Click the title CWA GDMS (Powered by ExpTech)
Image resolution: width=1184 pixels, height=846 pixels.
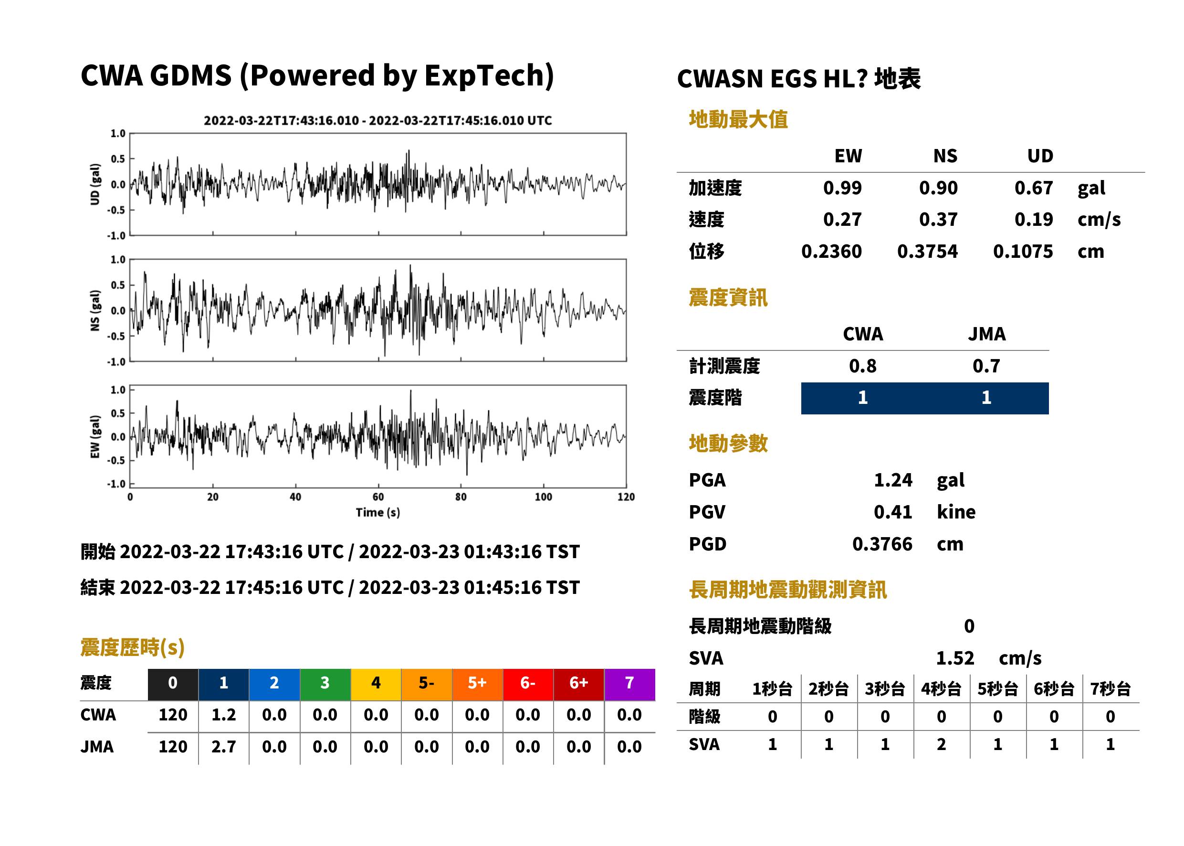[x=317, y=76]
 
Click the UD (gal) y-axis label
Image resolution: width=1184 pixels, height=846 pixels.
[x=95, y=184]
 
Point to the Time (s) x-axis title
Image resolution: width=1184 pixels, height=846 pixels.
[x=378, y=512]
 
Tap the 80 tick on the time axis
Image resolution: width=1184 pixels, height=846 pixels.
[x=461, y=497]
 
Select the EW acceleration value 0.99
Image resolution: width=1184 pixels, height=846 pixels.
[x=842, y=188]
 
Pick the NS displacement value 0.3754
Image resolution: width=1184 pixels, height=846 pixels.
[x=927, y=252]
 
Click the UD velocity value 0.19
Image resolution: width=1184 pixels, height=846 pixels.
[x=1034, y=220]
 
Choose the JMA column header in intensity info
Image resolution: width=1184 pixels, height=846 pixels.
[x=987, y=334]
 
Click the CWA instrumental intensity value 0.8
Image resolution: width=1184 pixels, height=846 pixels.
[x=863, y=366]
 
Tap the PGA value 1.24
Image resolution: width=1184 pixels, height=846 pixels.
[x=893, y=480]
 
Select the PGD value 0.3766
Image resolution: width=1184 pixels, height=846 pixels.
[x=882, y=544]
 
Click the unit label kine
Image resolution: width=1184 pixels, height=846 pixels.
[x=956, y=512]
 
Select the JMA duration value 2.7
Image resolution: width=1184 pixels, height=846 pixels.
[x=224, y=747]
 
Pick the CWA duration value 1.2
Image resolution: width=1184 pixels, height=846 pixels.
[x=224, y=715]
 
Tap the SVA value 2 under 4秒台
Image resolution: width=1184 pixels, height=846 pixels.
[x=942, y=744]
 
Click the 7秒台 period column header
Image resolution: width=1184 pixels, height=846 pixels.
[x=1111, y=689]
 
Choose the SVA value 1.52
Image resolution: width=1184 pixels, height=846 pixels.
[x=955, y=658]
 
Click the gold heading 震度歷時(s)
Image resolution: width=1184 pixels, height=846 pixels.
[x=133, y=647]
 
